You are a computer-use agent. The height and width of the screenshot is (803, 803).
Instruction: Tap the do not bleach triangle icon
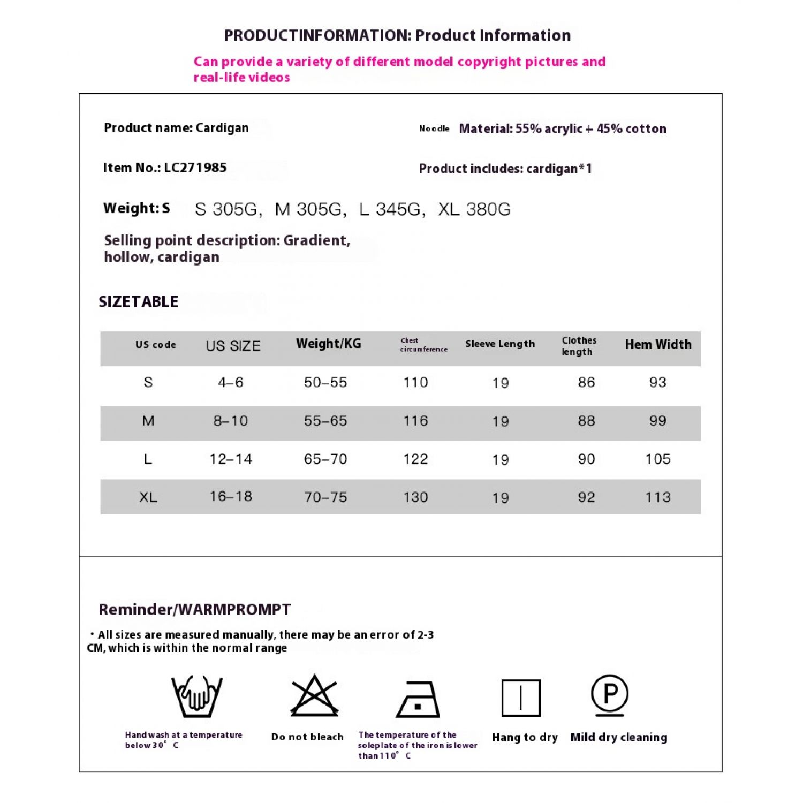tap(314, 696)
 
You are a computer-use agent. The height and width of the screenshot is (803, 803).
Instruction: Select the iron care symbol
tap(418, 699)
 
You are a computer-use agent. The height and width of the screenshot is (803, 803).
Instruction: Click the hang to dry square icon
tap(521, 698)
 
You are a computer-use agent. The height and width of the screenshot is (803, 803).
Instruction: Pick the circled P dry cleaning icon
tap(610, 695)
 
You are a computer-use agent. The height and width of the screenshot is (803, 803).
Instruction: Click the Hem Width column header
tap(658, 344)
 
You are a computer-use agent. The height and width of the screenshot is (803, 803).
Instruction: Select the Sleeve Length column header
tap(500, 344)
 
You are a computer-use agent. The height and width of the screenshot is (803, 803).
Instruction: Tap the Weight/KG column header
tap(329, 344)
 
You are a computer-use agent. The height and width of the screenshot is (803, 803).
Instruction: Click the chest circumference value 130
tap(415, 497)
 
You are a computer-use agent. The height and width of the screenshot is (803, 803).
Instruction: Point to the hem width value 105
tap(658, 459)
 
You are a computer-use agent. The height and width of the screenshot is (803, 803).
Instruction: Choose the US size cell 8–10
tap(231, 421)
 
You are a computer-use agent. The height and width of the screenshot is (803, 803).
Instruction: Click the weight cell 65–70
tap(325, 459)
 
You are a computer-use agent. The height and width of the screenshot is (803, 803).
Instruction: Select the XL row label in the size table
tap(148, 497)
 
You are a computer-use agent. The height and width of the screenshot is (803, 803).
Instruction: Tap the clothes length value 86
tap(586, 382)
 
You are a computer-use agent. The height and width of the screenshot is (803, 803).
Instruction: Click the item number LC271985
tap(195, 168)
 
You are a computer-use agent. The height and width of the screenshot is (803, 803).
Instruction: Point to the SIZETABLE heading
tap(139, 302)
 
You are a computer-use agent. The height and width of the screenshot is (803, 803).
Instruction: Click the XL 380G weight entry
tap(474, 209)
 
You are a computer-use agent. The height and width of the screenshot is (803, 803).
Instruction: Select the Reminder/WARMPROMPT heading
tap(195, 609)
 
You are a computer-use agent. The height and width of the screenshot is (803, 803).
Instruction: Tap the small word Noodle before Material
tap(434, 128)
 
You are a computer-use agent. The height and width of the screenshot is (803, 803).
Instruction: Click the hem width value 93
tap(658, 382)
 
